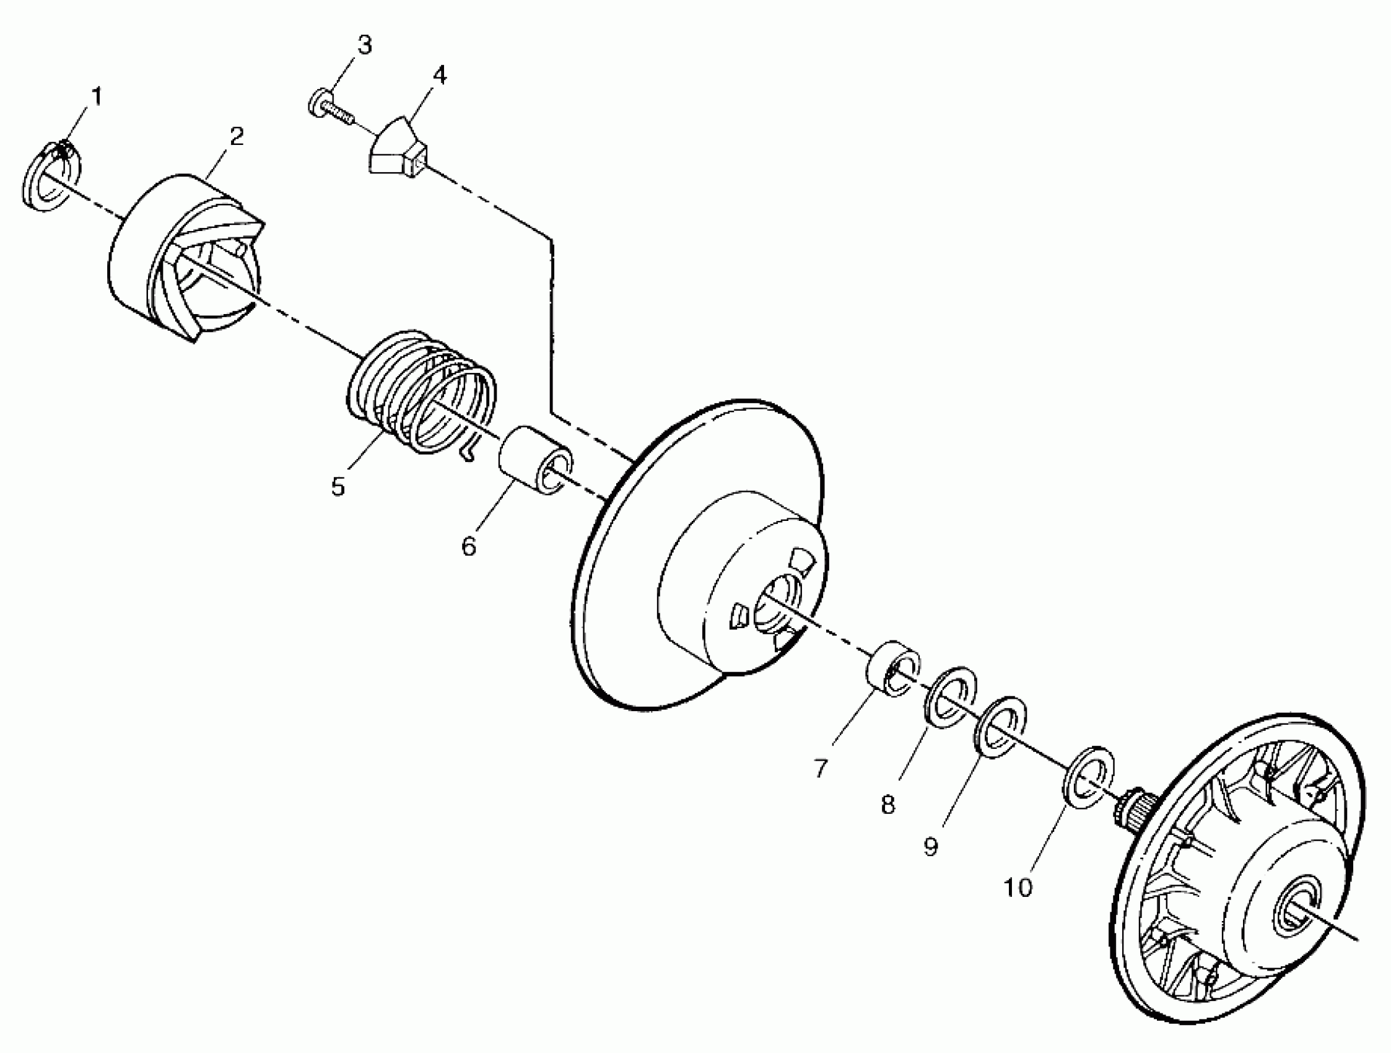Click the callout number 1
tap(96, 97)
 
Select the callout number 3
tap(365, 45)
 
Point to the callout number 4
tap(439, 75)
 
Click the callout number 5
tap(338, 486)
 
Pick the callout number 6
tap(468, 546)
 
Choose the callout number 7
tap(820, 768)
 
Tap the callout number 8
tap(887, 804)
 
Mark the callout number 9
tap(931, 847)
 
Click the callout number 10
tap(1018, 888)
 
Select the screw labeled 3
tap(327, 107)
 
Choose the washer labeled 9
tap(1000, 727)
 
